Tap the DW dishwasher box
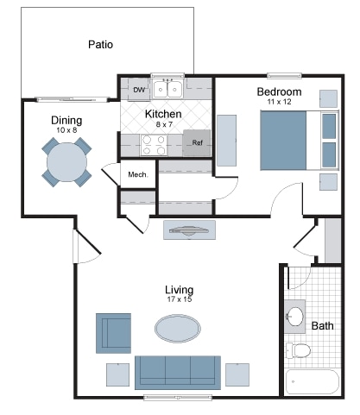pos(138,89)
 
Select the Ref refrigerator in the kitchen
pos(197,142)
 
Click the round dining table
pos(66,160)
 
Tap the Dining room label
pos(66,120)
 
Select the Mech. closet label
pos(138,174)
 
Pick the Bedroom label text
pos(279,91)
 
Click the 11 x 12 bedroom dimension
pos(279,102)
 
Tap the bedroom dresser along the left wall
pos(226,141)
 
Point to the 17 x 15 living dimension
pos(179,299)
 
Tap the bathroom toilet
pos(299,350)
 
